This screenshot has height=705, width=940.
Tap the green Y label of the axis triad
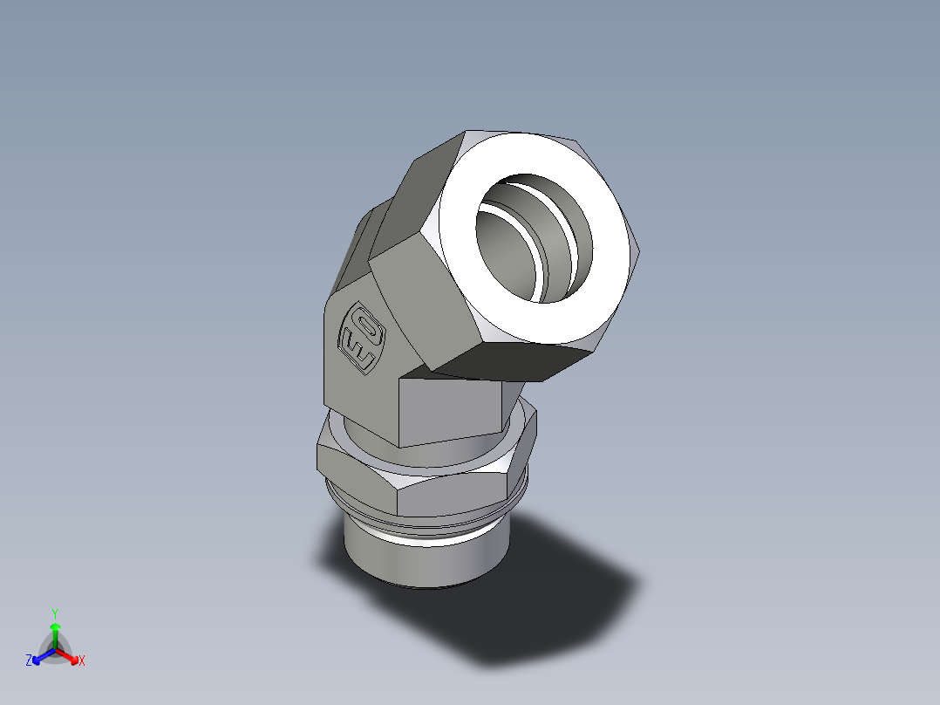click(55, 613)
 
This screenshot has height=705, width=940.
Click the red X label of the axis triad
click(82, 661)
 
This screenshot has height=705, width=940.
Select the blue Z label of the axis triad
click(29, 661)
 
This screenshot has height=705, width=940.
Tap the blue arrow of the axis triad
click(40, 655)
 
